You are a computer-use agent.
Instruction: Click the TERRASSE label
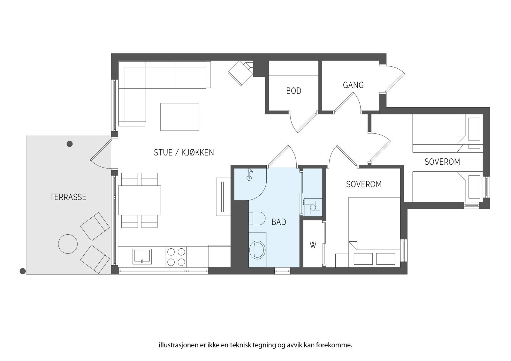(68, 197)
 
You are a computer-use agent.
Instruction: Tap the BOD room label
(294, 91)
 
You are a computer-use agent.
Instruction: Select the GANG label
(353, 85)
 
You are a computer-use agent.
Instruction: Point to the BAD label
(279, 222)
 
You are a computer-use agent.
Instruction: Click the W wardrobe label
(313, 245)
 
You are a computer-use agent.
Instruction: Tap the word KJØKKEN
(198, 153)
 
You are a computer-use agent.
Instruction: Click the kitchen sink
(142, 256)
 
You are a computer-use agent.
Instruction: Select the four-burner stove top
(176, 257)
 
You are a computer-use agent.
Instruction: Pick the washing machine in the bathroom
(257, 250)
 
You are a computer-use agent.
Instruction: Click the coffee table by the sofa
(180, 117)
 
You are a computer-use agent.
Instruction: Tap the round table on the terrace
(68, 244)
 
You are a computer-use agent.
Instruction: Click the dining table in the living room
(139, 200)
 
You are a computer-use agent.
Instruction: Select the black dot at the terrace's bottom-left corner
(22, 271)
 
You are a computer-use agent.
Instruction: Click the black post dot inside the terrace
(70, 144)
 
